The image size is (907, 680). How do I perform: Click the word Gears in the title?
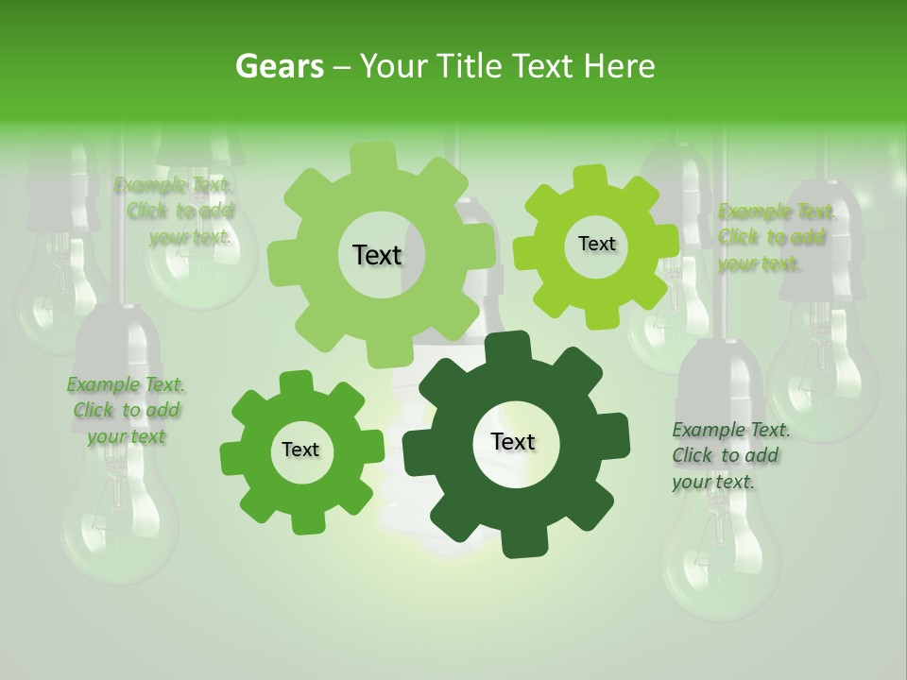pyautogui.click(x=279, y=66)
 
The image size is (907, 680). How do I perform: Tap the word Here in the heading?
pyautogui.click(x=620, y=66)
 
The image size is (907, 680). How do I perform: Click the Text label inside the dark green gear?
pyautogui.click(x=513, y=442)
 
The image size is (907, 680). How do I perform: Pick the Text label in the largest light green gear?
pyautogui.click(x=377, y=255)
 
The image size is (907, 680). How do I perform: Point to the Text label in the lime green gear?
pyautogui.click(x=596, y=244)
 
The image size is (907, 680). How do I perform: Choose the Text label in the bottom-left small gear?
pyautogui.click(x=300, y=450)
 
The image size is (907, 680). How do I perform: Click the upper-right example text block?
pyautogui.click(x=775, y=238)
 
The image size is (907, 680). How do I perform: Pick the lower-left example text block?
pyautogui.click(x=126, y=411)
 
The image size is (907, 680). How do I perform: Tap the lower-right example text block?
pyautogui.click(x=729, y=456)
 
